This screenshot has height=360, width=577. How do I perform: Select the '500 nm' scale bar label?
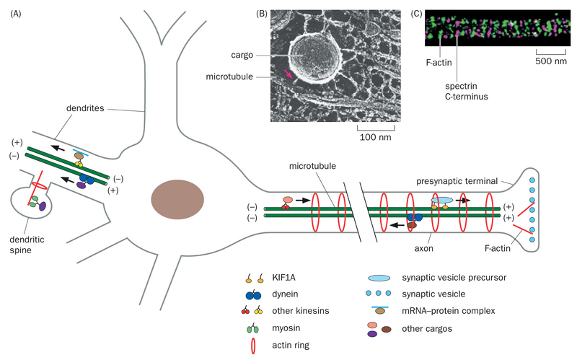click(x=551, y=62)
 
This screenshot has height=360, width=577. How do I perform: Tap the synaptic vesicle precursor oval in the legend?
click(x=379, y=277)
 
